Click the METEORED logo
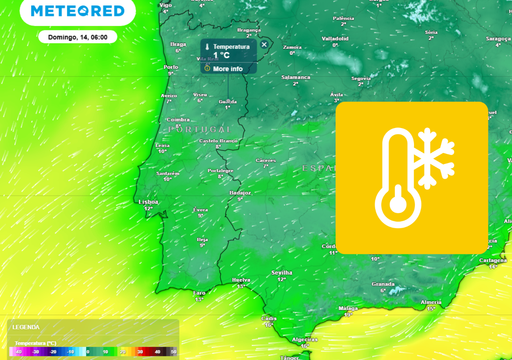[78, 12]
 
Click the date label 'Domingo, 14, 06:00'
[78, 36]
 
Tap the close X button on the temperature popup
[265, 44]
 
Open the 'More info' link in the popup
[227, 68]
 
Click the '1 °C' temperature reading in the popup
[222, 56]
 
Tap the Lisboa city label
[149, 201]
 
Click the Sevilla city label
[282, 271]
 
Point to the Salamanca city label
[296, 77]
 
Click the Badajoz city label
[240, 192]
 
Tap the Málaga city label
[347, 307]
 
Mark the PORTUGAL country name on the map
[200, 129]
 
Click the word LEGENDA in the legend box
[26, 326]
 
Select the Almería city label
[432, 300]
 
